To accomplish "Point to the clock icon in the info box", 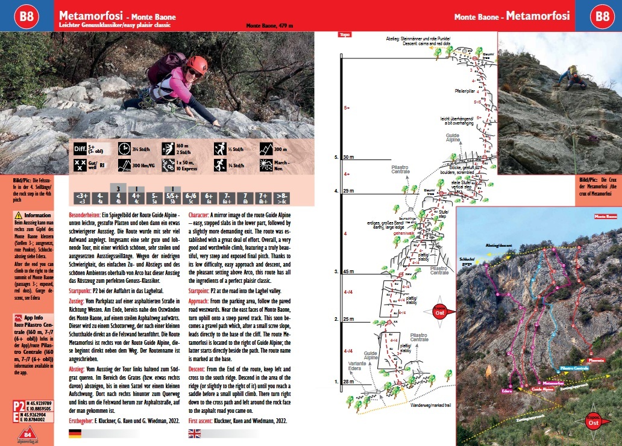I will click(125, 149).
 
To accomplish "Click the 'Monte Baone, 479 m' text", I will click(269, 26).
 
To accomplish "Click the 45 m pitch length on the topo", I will click(348, 272).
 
